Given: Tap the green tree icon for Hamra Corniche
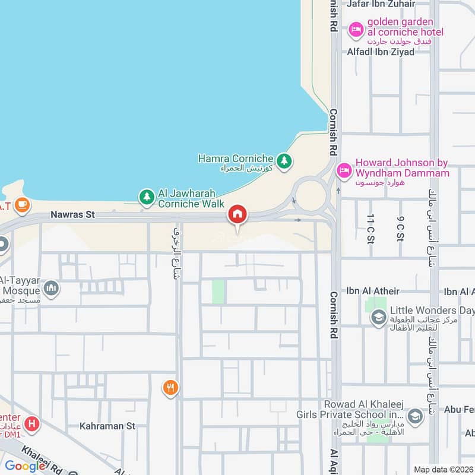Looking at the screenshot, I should tap(284, 160).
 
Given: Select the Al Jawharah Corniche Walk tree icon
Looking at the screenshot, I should tap(147, 197).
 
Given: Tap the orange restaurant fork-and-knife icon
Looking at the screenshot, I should tap(170, 388).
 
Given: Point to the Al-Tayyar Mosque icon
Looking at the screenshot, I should tap(52, 289).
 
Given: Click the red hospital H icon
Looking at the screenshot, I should tap(33, 425).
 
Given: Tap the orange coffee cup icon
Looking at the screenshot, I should tap(22, 205).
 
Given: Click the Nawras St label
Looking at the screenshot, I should tap(73, 215).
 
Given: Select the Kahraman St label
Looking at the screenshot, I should tap(108, 426).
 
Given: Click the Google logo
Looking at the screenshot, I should tap(25, 466).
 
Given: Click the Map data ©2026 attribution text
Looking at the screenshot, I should tap(442, 469).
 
